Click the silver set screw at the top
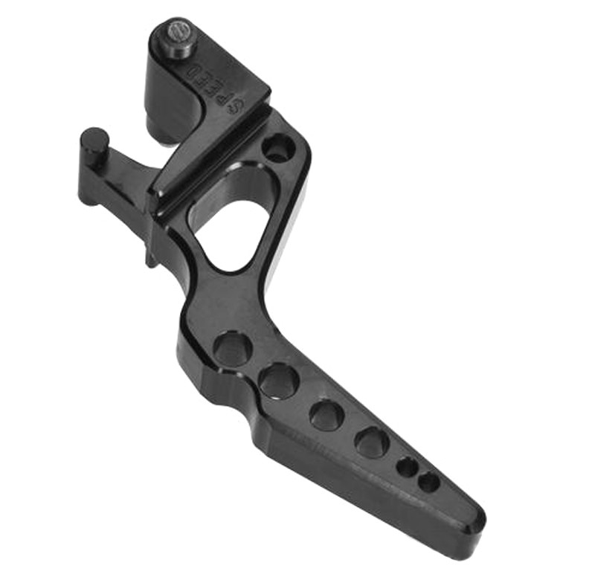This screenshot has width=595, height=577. point(178,32)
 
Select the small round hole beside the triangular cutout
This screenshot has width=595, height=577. point(278,148)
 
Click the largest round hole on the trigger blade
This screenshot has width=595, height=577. point(233,349)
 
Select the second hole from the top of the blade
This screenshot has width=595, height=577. point(280,381)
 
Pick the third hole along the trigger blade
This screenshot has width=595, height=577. point(327,415)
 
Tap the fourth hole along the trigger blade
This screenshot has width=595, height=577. point(371,443)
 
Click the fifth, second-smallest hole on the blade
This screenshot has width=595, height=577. point(407,468)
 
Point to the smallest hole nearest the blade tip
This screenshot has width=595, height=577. point(428,483)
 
